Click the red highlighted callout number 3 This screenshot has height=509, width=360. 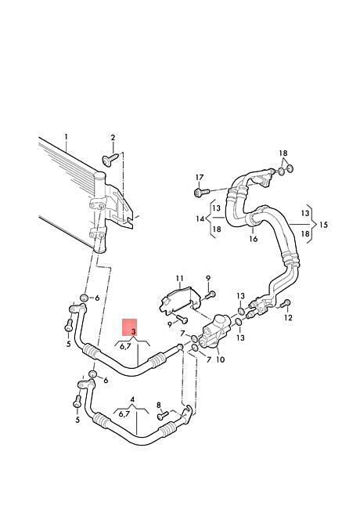(x=133, y=331)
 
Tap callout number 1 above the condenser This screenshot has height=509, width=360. (x=67, y=137)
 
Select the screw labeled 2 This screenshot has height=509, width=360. (x=110, y=159)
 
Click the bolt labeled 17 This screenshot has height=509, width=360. (x=201, y=192)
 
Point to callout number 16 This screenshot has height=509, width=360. (x=254, y=239)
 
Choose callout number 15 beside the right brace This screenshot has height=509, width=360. (x=323, y=225)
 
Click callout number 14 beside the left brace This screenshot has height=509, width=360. (x=200, y=218)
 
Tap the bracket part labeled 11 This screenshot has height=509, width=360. (x=179, y=301)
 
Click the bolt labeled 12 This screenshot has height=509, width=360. (x=286, y=303)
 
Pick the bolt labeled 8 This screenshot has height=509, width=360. (x=163, y=415)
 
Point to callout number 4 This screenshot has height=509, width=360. (x=132, y=399)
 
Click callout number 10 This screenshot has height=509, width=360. (x=220, y=359)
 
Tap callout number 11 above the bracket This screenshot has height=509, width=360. (x=180, y=279)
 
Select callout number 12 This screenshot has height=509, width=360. (x=288, y=317)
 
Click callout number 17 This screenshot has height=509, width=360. (x=200, y=178)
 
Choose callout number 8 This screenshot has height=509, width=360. (x=159, y=405)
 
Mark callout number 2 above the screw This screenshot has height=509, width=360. (x=113, y=138)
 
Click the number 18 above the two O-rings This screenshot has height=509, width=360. (x=283, y=153)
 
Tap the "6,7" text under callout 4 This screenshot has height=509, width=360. (x=124, y=413)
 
